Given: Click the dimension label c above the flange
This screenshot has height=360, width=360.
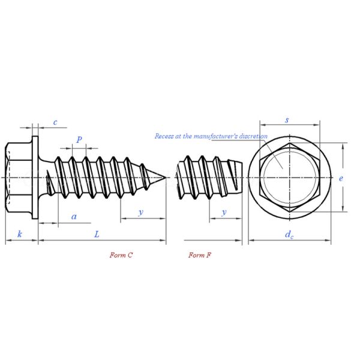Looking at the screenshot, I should tap(55, 122).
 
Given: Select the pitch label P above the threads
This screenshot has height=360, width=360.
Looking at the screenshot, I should tap(79, 139).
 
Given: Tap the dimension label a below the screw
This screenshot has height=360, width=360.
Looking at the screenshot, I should tap(74, 216).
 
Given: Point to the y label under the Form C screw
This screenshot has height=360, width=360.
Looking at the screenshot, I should tap(141, 212).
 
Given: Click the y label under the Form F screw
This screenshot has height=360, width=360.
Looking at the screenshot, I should tap(224, 212).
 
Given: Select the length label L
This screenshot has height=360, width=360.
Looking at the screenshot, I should tap(97, 233).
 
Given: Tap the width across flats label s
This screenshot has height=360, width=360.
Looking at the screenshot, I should tap(287, 120).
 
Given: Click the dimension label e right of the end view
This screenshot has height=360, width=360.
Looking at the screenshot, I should tap(340, 178).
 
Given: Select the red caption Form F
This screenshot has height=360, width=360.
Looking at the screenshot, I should tap(199, 255).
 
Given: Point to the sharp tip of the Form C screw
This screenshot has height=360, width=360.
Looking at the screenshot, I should tap(164, 178).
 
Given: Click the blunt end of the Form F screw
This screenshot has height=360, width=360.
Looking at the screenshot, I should tap(244, 178).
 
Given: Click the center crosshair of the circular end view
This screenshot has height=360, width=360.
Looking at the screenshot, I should tap(289, 178).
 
